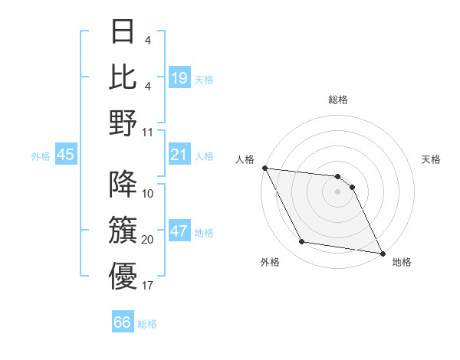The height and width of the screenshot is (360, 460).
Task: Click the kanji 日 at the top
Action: coord(122,32)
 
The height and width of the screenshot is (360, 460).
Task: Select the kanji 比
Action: coord(122,77)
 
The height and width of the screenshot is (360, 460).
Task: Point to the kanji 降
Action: coord(122,184)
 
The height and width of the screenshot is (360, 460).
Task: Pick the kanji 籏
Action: coord(122,229)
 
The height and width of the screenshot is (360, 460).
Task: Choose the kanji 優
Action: coord(122,275)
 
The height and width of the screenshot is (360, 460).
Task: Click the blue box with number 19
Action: coord(179,78)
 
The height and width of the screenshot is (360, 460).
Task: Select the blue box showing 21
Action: coord(179,155)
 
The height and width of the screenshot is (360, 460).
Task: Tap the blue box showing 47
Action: coord(179,232)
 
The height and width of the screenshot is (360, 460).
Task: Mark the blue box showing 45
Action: coord(65,155)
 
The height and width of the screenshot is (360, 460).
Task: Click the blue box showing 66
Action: coord(122,322)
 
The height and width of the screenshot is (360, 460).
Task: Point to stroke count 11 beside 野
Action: coord(148,133)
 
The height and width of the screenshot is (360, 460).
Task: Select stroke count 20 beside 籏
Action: coord(148,240)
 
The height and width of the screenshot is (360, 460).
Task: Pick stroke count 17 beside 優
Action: coord(148,286)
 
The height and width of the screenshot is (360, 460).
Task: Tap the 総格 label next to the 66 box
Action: coord(147,324)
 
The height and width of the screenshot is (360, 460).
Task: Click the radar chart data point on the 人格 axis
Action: coord(264,168)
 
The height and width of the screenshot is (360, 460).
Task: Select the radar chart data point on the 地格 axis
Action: coord(382,253)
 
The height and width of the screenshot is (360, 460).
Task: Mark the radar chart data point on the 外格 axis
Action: coord(302,242)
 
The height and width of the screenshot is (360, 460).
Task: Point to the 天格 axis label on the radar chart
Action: coord(432,159)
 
